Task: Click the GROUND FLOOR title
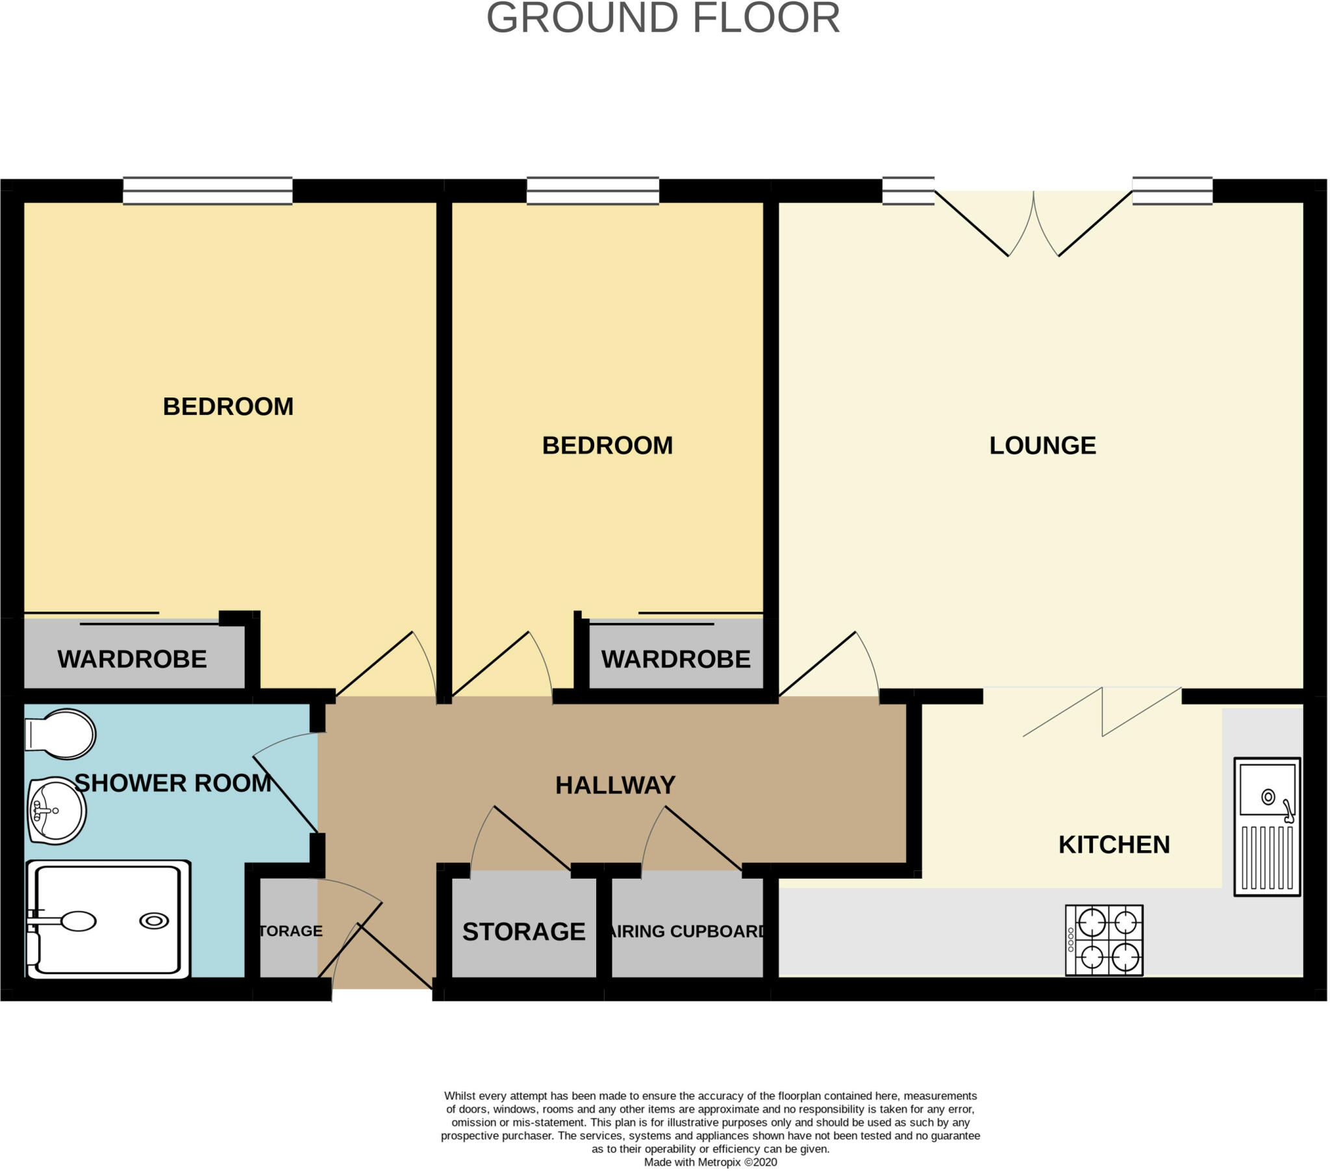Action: point(663,18)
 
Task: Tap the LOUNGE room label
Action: point(1042,446)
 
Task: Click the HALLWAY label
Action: point(615,786)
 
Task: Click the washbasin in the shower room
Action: point(57,811)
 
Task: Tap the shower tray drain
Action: point(154,921)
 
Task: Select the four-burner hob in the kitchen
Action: point(1103,940)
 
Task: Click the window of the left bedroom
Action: point(208,192)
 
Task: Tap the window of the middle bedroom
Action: point(593,192)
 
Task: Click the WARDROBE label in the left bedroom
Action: point(132,659)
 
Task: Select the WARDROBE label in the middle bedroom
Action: point(675,659)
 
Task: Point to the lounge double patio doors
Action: point(1033,225)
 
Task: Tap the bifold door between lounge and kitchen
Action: point(1101,713)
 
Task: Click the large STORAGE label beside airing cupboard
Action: point(523,932)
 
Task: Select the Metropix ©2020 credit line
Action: point(710,1162)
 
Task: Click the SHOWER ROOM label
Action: point(173,783)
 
